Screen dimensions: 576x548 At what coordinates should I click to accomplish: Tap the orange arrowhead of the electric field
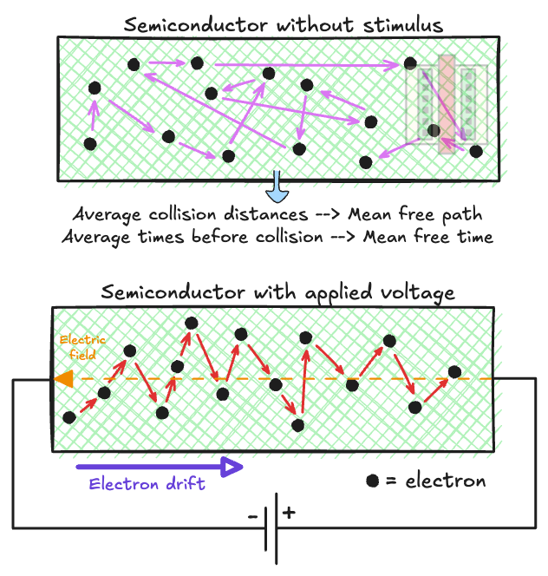pos(62,379)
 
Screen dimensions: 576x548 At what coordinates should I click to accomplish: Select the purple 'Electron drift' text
pos(147,484)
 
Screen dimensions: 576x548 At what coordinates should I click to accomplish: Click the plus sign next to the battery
pos(290,513)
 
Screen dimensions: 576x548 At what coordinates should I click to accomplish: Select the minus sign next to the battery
pos(252,517)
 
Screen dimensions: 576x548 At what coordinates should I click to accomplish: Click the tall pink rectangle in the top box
pos(446,105)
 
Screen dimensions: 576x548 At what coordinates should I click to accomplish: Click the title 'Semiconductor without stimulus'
pos(284,24)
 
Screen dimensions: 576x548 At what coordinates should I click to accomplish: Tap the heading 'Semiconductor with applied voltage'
pos(277,292)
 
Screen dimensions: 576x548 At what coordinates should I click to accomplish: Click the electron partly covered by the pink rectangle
pos(434,131)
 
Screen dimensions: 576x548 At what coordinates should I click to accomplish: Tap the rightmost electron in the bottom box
pos(454,372)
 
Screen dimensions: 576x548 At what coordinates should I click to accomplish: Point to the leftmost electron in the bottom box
pos(70,417)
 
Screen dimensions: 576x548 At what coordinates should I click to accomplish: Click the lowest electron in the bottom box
pos(298,425)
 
